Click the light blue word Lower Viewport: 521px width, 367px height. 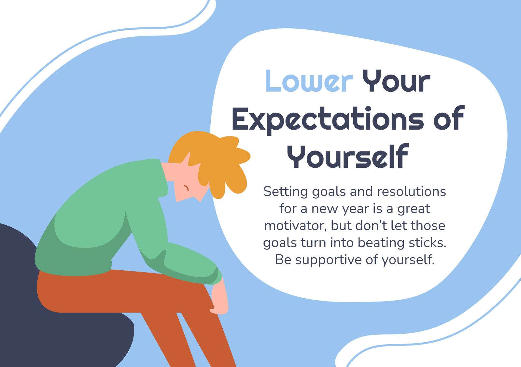tap(309, 81)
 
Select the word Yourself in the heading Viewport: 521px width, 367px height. tap(348, 156)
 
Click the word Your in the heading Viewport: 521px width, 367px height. tap(396, 81)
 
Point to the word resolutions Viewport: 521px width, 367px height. tap(412, 191)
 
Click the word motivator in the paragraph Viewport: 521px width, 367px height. tap(295, 226)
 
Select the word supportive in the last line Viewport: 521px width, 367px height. tap(329, 260)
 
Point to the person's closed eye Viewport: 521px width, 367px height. tap(186, 188)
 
